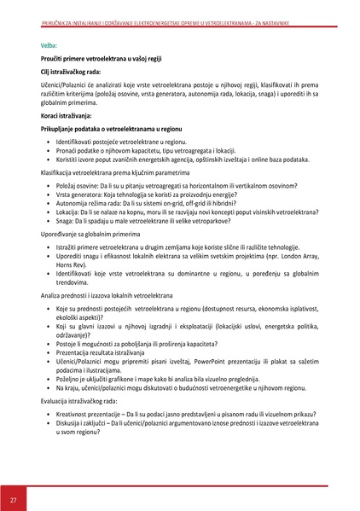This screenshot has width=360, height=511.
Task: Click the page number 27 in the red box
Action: pyautogui.click(x=13, y=498)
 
